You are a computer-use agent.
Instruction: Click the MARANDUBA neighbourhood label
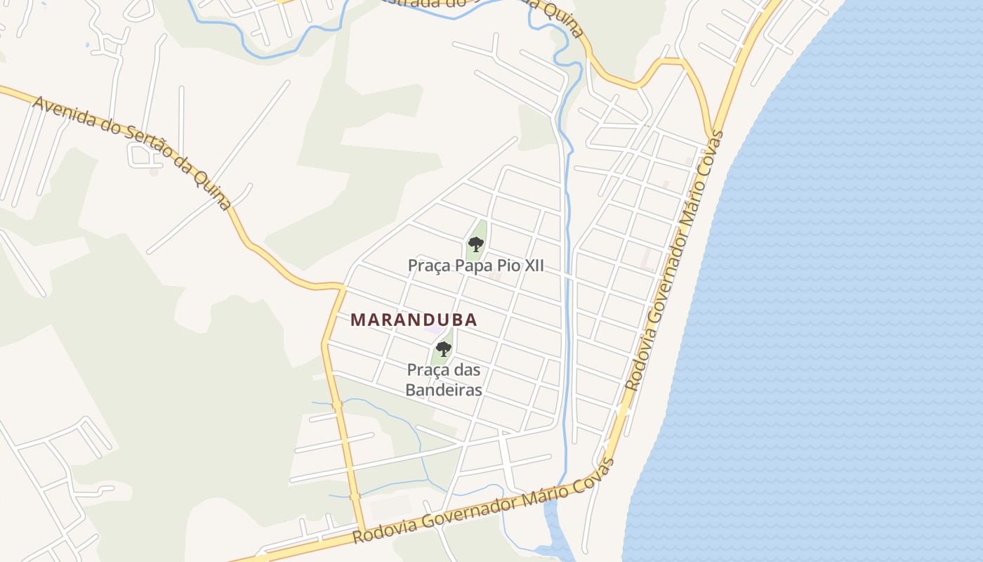click(414, 320)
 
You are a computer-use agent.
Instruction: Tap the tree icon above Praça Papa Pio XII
click(476, 244)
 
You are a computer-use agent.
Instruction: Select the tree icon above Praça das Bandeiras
click(443, 348)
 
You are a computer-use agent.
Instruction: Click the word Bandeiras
click(444, 390)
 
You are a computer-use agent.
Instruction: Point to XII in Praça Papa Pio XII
click(532, 266)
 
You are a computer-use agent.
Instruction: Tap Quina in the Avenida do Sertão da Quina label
click(213, 190)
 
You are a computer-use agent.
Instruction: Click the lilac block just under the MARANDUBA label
click(435, 329)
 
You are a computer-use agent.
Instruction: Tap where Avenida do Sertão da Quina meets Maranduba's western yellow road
click(342, 287)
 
